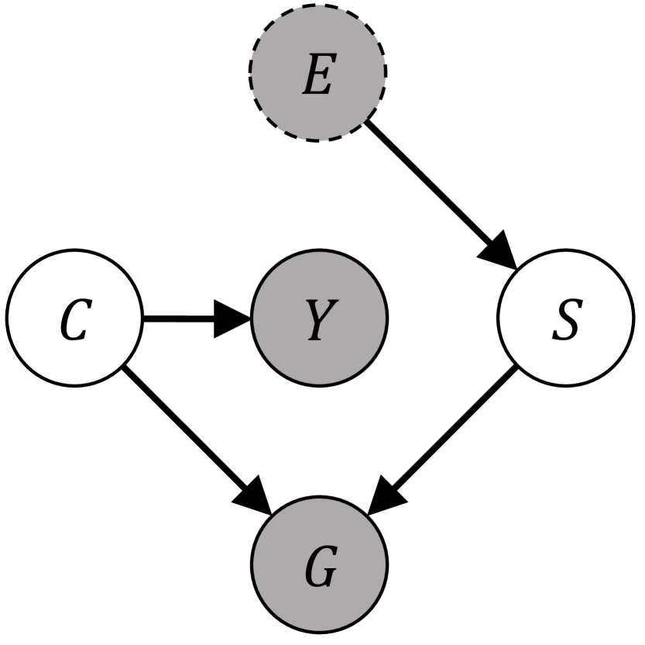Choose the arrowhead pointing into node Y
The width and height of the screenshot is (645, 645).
coord(233,318)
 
